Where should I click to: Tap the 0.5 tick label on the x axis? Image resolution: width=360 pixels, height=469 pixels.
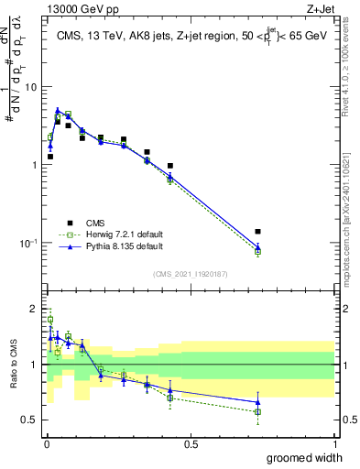pyautogui.click(x=191, y=443)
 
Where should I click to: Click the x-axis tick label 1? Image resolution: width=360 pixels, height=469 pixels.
pyautogui.click(x=334, y=443)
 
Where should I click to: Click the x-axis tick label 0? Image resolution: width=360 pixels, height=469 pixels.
pyautogui.click(x=47, y=443)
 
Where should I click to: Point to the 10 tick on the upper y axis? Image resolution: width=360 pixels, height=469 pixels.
pyautogui.click(x=31, y=87)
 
